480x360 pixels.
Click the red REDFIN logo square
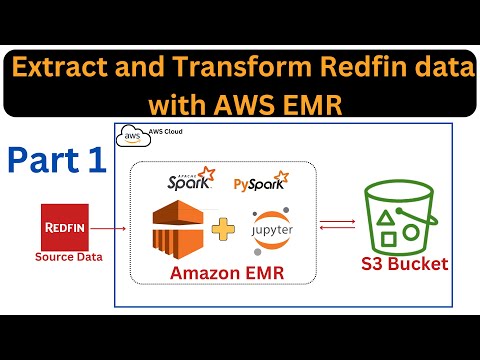tap(66, 228)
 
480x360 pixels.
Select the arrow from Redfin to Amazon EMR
tap(112, 229)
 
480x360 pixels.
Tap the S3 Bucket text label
tap(404, 265)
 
